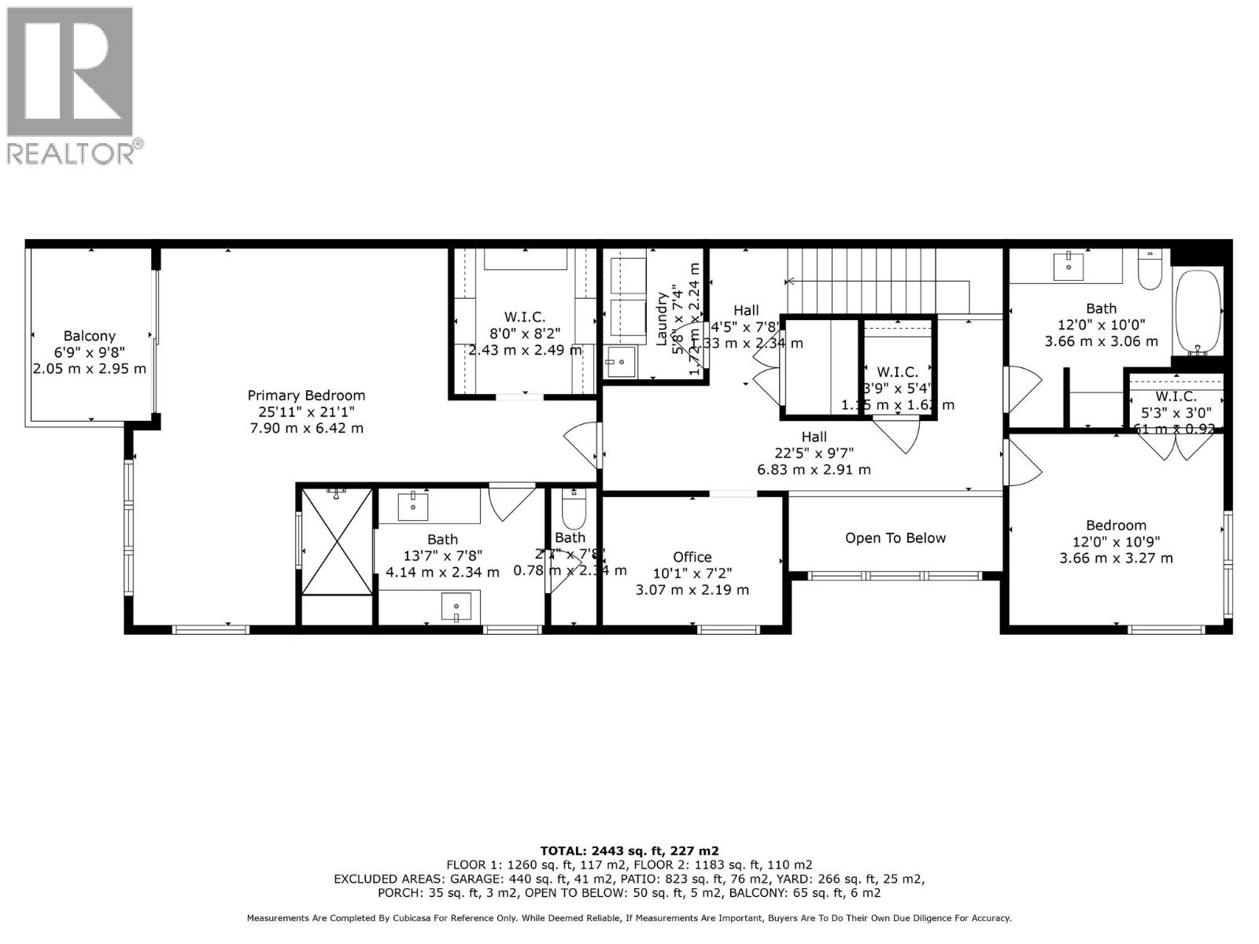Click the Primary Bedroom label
[x=306, y=396]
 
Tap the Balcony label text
[x=90, y=336]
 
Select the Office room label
[x=692, y=557]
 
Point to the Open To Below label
[x=895, y=538]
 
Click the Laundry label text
[x=661, y=319]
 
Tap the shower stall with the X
[x=337, y=541]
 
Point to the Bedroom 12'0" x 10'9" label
[x=1116, y=525]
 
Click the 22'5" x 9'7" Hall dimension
[x=814, y=452]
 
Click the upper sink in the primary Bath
[x=413, y=507]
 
